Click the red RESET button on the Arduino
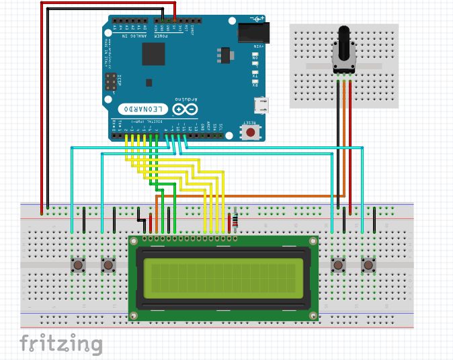(251, 132)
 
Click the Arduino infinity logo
(186, 108)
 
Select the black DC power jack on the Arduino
(253, 32)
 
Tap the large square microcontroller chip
(154, 55)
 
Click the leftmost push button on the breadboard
(79, 265)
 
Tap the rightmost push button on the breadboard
(368, 265)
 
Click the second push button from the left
(108, 265)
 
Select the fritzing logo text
(60, 344)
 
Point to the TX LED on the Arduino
(255, 75)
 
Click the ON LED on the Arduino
(255, 58)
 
